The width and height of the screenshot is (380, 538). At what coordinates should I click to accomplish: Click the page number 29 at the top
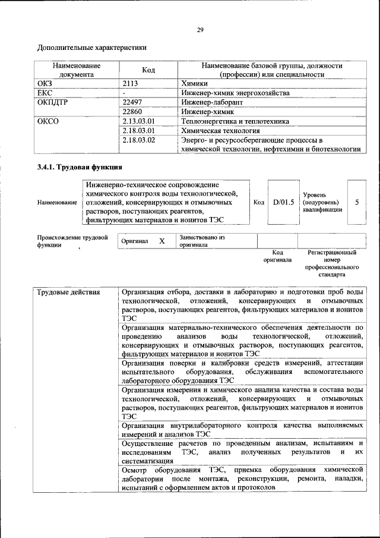[200, 30]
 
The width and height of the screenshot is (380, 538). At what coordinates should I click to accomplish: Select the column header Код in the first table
[148, 70]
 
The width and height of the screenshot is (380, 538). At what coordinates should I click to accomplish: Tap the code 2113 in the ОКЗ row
[131, 84]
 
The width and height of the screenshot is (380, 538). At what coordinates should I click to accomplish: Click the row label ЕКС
[45, 93]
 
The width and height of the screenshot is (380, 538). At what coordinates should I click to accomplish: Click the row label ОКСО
[48, 121]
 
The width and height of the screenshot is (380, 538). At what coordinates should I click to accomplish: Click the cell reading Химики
[194, 84]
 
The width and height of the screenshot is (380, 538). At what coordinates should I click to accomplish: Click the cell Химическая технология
[220, 131]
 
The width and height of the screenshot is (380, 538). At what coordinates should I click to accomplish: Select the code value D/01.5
[284, 202]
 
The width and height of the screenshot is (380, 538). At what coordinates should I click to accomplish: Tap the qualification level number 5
[357, 202]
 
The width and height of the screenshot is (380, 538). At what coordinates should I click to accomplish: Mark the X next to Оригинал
[161, 241]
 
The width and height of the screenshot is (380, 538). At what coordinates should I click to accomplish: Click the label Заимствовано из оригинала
[202, 241]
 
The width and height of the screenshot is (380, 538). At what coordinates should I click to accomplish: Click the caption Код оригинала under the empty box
[277, 256]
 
